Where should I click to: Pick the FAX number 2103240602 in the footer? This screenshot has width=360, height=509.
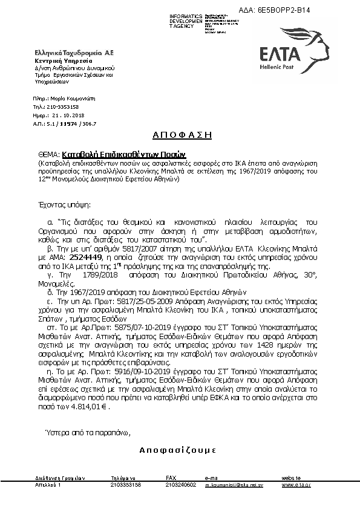pyautogui.click(x=180, y=485)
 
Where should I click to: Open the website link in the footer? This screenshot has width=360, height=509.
pyautogui.click(x=296, y=485)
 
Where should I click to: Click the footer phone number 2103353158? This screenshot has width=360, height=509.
pyautogui.click(x=125, y=485)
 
